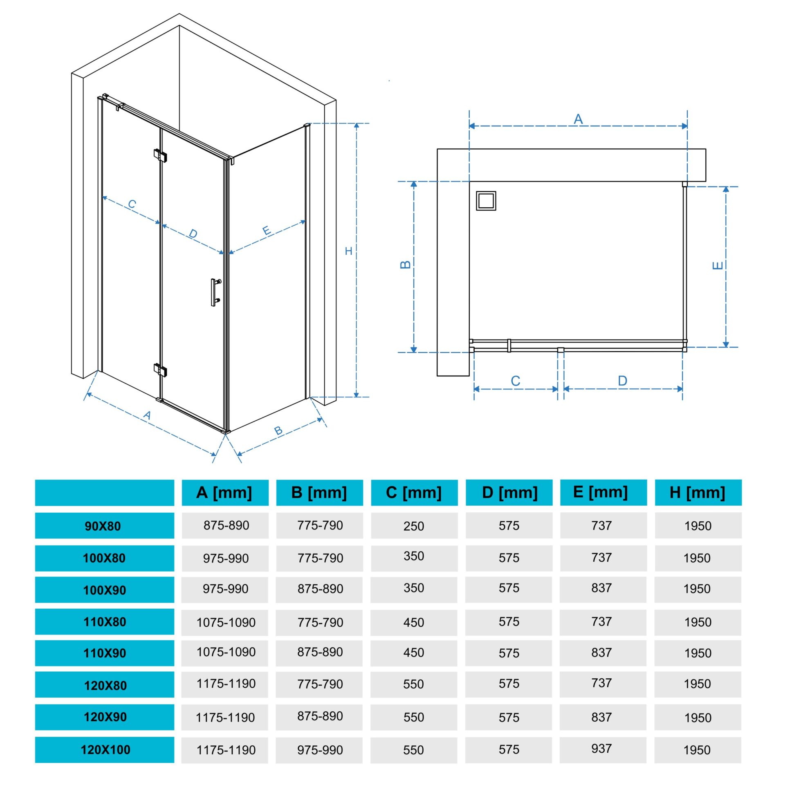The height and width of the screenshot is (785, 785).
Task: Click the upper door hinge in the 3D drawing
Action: coord(160,155)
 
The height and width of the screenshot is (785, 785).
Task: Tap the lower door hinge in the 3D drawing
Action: coord(160,370)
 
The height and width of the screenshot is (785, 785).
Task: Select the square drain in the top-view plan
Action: coord(486,201)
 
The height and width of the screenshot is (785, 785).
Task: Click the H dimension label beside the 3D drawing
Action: coord(348,251)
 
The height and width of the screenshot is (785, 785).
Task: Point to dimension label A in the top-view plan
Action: coord(578,119)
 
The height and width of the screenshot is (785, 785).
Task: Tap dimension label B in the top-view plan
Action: coord(405,265)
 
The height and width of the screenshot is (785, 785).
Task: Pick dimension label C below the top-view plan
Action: coord(516,381)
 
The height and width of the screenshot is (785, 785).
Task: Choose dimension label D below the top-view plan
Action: coord(622,381)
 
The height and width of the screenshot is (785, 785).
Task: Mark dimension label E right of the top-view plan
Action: coord(718,265)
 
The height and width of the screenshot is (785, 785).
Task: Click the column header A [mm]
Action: coord(224,493)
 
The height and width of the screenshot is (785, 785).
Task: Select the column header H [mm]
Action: coord(698,493)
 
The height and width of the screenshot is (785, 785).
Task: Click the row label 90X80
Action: coord(103,526)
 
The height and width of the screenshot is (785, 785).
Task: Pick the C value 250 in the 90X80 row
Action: coord(414,526)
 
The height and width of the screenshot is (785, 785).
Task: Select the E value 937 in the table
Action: coord(601,748)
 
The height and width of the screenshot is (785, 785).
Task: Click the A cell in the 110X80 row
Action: coord(226,622)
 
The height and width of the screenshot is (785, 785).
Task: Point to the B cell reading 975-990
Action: coord(320,750)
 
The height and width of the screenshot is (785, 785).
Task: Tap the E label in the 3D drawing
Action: coord(267,231)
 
